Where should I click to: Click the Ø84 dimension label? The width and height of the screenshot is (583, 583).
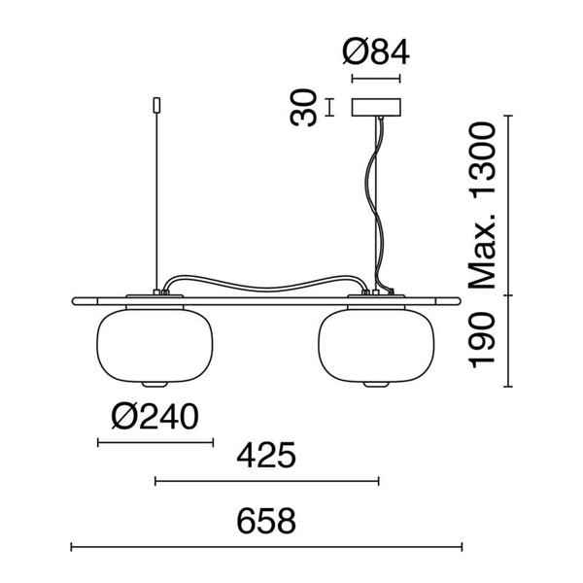coord(376,52)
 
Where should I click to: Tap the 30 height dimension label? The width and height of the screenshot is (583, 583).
coord(303,108)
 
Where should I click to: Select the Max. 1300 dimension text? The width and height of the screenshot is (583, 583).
coord(483,206)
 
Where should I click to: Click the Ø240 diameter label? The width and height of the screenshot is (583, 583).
coord(155,417)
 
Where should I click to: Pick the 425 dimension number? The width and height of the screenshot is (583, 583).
coord(266,455)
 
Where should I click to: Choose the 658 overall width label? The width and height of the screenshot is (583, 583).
coord(266,521)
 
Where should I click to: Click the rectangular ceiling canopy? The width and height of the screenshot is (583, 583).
coord(376,107)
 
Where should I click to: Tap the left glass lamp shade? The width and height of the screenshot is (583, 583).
coord(154,346)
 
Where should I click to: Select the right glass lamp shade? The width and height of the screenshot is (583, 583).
coord(376,346)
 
